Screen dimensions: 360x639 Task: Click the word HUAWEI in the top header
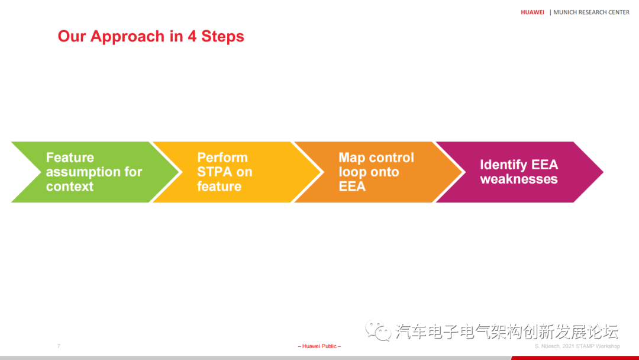[532, 12]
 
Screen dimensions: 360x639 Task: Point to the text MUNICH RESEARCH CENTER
[591, 12]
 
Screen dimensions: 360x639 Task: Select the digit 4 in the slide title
[192, 36]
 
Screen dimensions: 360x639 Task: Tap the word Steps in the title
[222, 37]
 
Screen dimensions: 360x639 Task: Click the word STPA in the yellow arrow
[215, 172]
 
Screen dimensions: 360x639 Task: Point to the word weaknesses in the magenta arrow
[518, 179]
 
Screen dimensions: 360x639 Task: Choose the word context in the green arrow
[70, 187]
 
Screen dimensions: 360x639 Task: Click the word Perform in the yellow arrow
[222, 157]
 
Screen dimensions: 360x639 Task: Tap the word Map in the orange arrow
[351, 157]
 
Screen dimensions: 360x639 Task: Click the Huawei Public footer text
[319, 346]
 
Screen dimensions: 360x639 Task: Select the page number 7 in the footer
[59, 346]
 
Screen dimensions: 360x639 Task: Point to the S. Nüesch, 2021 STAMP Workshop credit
[577, 346]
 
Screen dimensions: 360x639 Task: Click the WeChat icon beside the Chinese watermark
[377, 330]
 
